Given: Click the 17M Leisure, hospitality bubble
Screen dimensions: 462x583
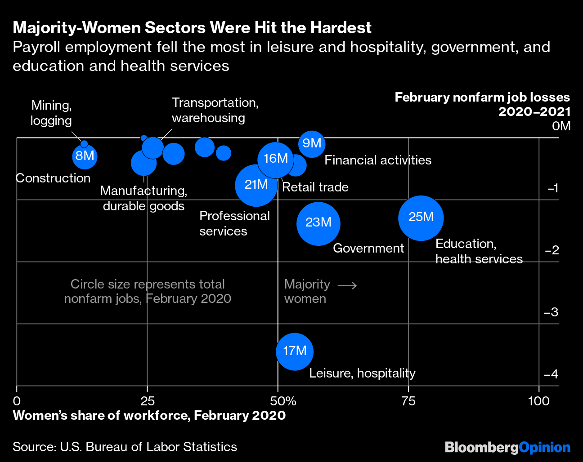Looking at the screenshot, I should (295, 351).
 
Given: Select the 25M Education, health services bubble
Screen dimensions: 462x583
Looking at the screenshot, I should (421, 218).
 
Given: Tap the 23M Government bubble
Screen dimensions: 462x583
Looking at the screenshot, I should (318, 223).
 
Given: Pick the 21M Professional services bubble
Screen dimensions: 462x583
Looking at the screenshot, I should (256, 185).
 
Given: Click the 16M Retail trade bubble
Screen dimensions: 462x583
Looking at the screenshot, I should (276, 159).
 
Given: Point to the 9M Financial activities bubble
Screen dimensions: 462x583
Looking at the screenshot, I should (311, 144).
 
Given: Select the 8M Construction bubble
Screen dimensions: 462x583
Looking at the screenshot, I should (85, 156).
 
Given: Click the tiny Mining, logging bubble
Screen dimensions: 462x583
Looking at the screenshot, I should (84, 144).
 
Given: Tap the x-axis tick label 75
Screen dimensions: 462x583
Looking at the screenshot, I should (408, 401).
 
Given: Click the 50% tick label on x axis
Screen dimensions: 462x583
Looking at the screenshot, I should (283, 401).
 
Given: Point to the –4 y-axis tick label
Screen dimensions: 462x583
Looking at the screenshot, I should (551, 374).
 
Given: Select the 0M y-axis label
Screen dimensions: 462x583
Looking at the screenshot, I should (561, 126).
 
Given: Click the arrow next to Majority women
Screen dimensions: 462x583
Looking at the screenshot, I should (347, 285).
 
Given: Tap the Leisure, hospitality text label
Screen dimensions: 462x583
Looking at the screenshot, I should (362, 373).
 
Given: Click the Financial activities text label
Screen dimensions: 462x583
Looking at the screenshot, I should (378, 160).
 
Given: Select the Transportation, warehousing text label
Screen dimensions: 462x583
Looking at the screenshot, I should (215, 110).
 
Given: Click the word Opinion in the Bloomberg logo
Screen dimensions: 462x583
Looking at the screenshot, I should (544, 447).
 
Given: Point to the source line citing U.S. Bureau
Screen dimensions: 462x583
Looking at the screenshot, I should (125, 447).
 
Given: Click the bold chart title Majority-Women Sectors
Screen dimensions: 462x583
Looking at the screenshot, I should (192, 28).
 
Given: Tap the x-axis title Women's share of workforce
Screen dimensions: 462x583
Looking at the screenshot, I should (149, 415).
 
